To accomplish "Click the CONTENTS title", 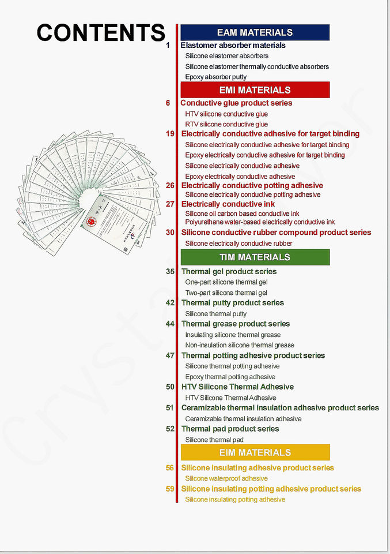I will click(x=101, y=32).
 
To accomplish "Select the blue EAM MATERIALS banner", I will click(x=255, y=33).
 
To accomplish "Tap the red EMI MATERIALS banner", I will click(x=255, y=90).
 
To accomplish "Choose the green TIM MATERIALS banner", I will click(x=255, y=257).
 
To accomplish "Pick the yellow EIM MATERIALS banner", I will click(x=255, y=452).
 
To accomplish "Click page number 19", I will click(x=170, y=134).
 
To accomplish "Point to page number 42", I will click(x=170, y=302).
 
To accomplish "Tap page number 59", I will click(x=170, y=489).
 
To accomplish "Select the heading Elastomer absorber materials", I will click(x=233, y=45).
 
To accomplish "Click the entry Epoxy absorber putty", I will click(x=215, y=77).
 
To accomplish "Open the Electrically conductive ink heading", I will click(x=228, y=204).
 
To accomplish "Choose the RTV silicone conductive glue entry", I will click(x=226, y=124).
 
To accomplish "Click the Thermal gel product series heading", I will click(x=229, y=271).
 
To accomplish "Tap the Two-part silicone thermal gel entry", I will click(x=226, y=293).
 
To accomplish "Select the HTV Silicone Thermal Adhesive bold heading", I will click(x=237, y=387).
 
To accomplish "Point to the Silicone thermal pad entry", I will click(x=214, y=440).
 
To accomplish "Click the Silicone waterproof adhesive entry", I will click(x=226, y=478).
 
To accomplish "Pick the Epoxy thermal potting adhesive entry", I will click(x=230, y=377).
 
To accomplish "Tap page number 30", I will click(x=170, y=233).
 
